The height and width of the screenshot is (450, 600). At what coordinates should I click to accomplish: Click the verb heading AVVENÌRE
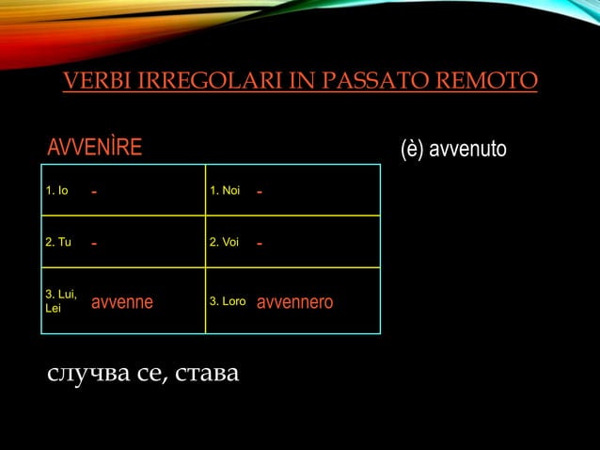pyautogui.click(x=95, y=148)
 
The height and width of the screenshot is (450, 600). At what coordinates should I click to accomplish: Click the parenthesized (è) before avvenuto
pyautogui.click(x=411, y=149)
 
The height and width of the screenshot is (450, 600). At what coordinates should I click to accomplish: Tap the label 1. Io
pyautogui.click(x=57, y=192)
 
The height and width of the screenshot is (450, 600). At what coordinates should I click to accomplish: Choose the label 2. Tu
pyautogui.click(x=58, y=243)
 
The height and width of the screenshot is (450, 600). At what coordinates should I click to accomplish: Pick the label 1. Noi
pyautogui.click(x=225, y=192)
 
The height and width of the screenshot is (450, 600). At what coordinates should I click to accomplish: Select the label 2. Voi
pyautogui.click(x=225, y=243)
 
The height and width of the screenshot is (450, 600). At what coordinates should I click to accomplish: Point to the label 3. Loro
pyautogui.click(x=228, y=302)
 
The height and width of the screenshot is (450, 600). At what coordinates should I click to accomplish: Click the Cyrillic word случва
pyautogui.click(x=87, y=376)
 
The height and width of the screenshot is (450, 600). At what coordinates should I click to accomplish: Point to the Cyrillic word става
pyautogui.click(x=207, y=376)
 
